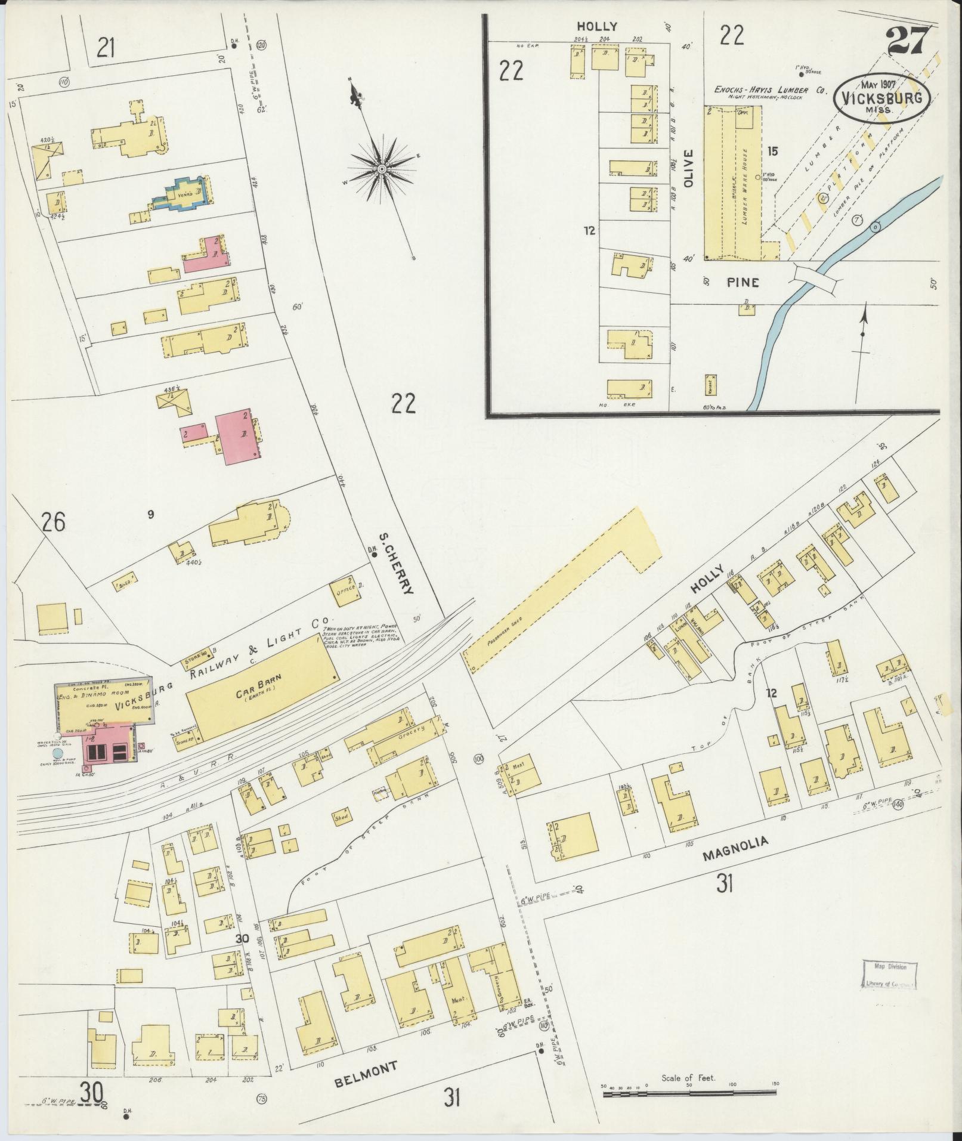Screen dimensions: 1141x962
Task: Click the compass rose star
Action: click(x=381, y=170)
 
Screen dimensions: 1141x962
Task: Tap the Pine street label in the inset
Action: click(x=743, y=282)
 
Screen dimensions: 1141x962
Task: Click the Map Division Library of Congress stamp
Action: click(x=888, y=976)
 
